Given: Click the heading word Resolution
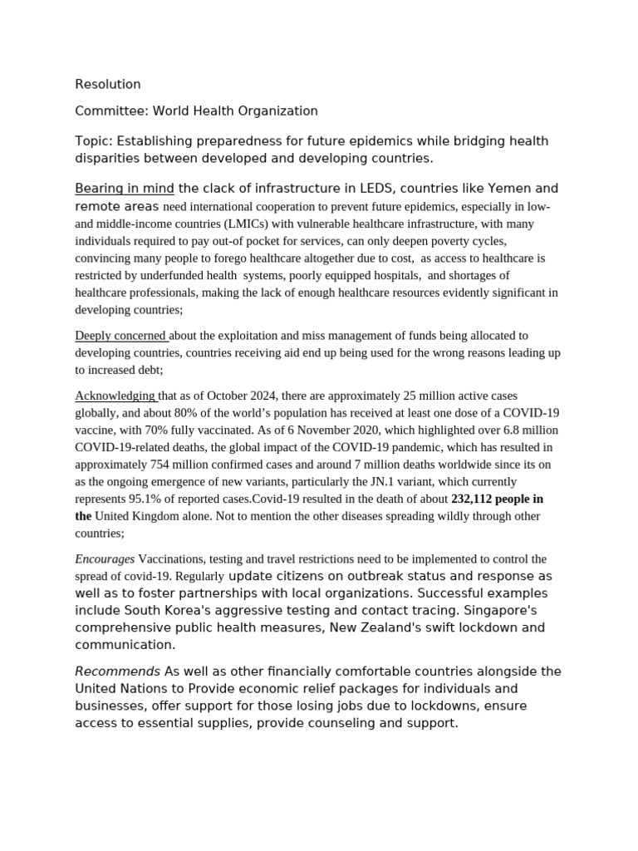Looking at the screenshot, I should (108, 84).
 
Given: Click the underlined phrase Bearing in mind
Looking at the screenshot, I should (125, 189).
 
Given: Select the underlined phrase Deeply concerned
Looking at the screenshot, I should (120, 336).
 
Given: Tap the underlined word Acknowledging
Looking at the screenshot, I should (115, 396).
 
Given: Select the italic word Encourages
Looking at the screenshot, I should (105, 559).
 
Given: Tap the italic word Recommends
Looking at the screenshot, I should (118, 671).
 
